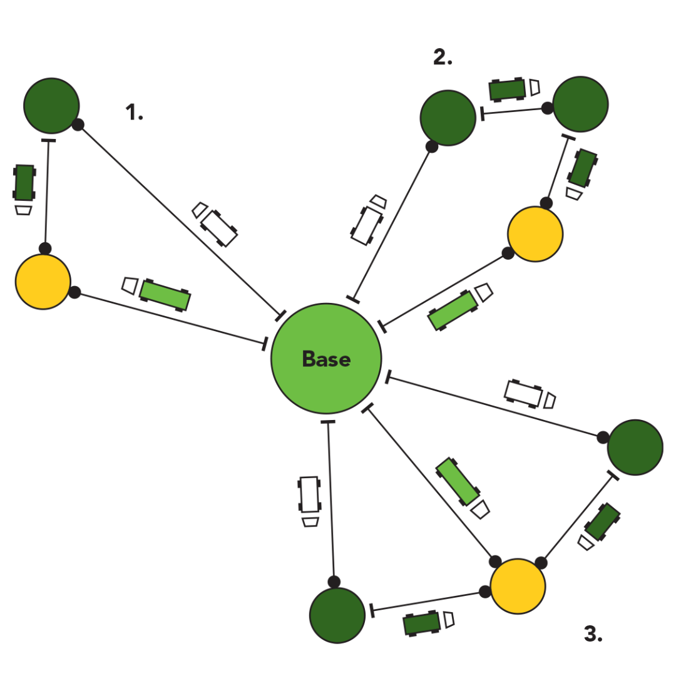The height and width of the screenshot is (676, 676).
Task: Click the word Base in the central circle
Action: click(x=325, y=359)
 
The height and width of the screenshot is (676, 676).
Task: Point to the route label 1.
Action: click(x=134, y=113)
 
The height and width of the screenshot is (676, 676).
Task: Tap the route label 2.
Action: click(x=443, y=58)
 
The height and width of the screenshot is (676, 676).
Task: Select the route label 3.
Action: click(x=593, y=635)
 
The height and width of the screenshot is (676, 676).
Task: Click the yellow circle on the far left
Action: click(x=43, y=282)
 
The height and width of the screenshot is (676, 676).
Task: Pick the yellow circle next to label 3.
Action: click(x=518, y=586)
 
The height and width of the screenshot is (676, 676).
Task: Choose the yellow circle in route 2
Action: click(x=535, y=233)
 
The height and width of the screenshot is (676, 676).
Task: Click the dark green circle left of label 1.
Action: click(x=51, y=106)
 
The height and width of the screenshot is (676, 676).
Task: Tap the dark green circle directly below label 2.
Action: click(x=448, y=118)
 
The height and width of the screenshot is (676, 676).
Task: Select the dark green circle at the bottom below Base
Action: click(x=337, y=615)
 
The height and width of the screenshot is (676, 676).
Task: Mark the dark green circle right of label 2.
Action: click(x=580, y=105)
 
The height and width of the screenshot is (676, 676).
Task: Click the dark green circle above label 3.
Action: click(x=635, y=448)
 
